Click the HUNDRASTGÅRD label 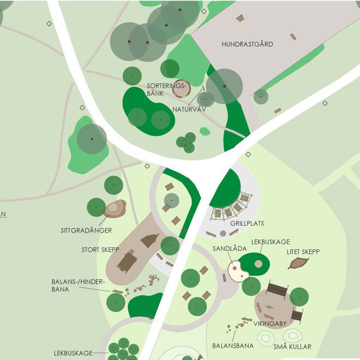[247, 44]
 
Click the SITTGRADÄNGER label [86, 231]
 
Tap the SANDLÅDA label [226, 249]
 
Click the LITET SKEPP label [303, 251]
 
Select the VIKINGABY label [269, 323]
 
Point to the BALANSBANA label [231, 346]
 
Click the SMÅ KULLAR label [292, 347]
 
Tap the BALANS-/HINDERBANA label [68, 285]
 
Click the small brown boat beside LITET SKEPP [297, 264]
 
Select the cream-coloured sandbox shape [238, 271]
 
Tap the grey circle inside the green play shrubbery [258, 264]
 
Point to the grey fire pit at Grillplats [223, 234]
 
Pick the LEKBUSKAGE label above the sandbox [270, 242]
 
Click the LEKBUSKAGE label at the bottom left [73, 353]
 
